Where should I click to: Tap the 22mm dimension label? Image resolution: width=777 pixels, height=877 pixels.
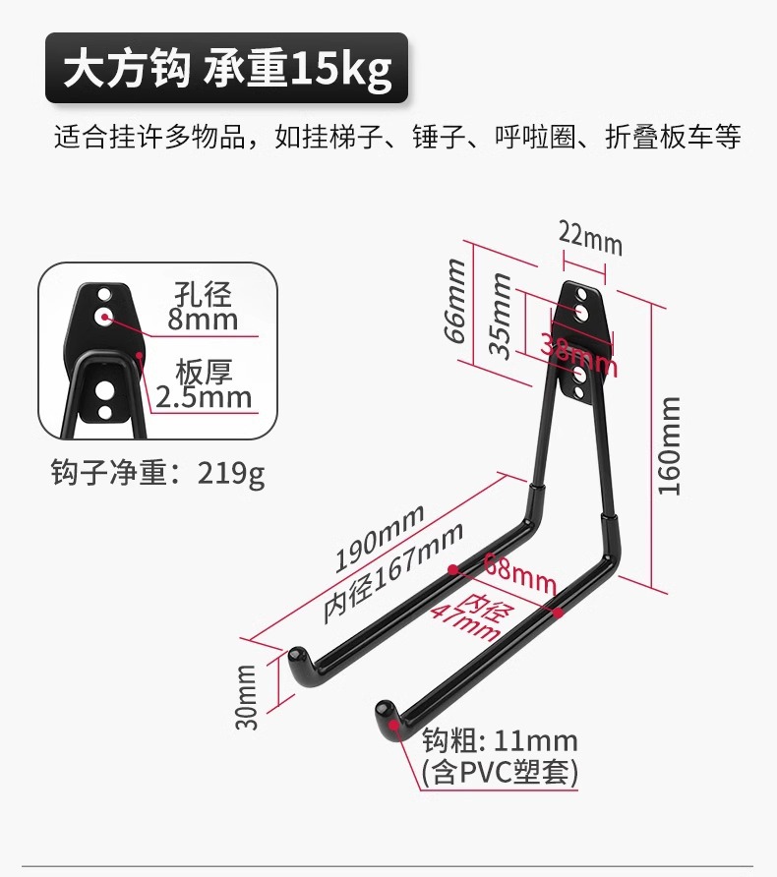[x=590, y=237]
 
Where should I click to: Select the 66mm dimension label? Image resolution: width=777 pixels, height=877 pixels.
[x=454, y=300]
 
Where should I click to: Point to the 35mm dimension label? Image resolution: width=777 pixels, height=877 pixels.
[x=500, y=316]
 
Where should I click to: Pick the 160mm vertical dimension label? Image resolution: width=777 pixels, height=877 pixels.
[x=670, y=445]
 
